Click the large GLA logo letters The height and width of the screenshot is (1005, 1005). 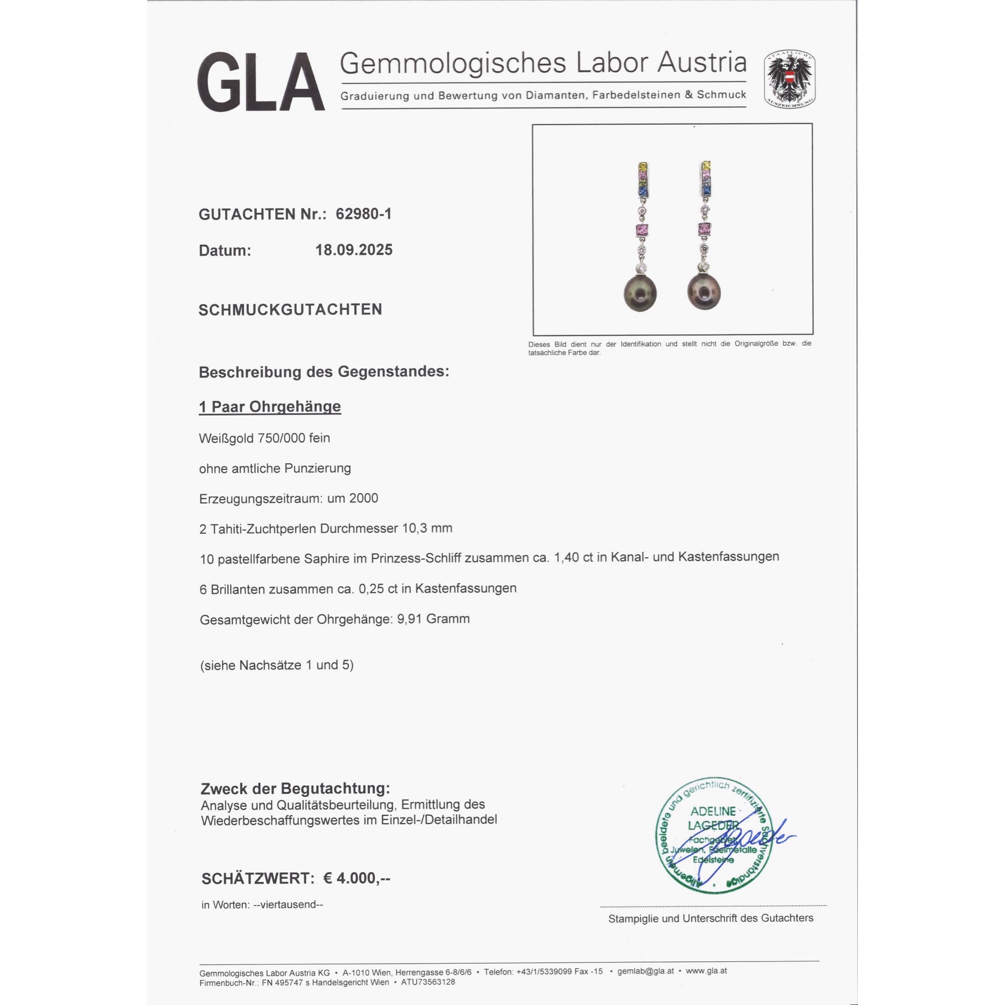coord(261,82)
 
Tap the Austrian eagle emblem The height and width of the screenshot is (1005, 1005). coord(789,79)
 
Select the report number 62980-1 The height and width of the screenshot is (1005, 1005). coord(364,214)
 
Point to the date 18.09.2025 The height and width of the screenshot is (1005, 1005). coord(354,250)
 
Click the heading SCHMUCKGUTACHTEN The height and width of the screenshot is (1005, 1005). coord(290,310)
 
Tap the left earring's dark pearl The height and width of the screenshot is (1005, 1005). coord(640,293)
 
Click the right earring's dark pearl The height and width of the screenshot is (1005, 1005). coord(703,292)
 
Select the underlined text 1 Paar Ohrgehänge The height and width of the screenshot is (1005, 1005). coord(270,407)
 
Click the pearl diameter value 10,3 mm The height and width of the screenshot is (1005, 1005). coord(427,529)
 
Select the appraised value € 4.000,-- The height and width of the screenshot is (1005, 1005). coord(356,878)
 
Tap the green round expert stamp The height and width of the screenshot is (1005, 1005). coord(713,839)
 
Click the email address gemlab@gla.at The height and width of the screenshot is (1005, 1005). coord(646,971)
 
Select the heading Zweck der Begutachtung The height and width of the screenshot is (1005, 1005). coord(295,788)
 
